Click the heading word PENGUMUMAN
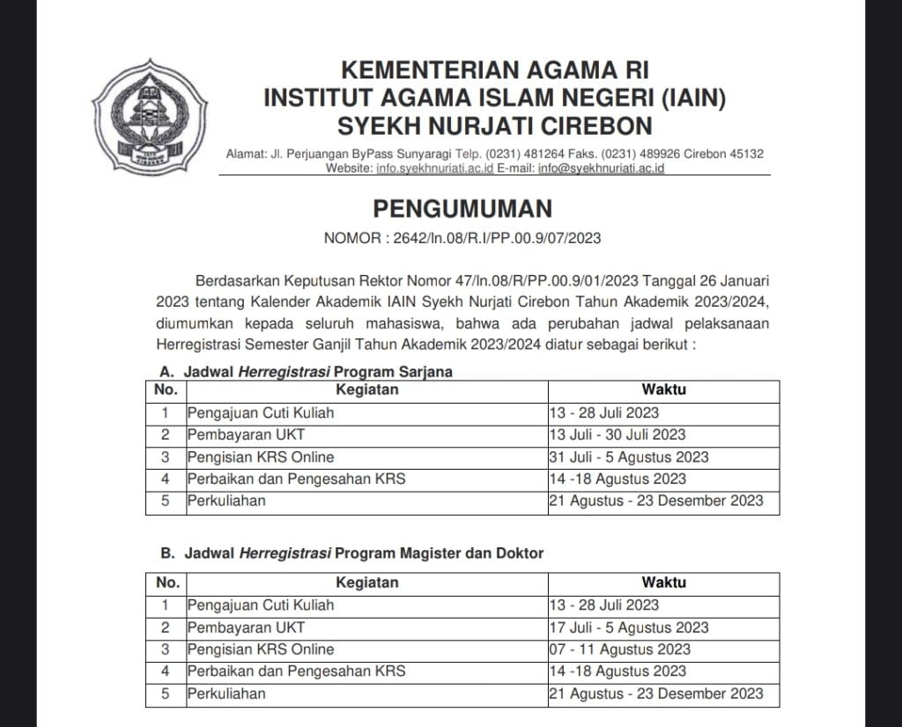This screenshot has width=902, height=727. click(x=462, y=208)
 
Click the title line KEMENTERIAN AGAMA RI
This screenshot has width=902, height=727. click(x=493, y=70)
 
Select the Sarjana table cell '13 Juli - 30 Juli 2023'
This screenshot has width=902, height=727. click(x=617, y=434)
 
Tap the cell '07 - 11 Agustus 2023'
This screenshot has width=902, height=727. click(x=619, y=649)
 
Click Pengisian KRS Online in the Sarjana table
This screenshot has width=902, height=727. click(x=261, y=457)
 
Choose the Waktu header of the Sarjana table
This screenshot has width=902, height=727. click(x=663, y=389)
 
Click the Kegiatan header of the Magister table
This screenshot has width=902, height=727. click(x=366, y=582)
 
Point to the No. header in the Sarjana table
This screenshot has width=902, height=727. click(x=166, y=389)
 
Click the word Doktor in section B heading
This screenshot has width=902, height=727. click(x=520, y=553)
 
